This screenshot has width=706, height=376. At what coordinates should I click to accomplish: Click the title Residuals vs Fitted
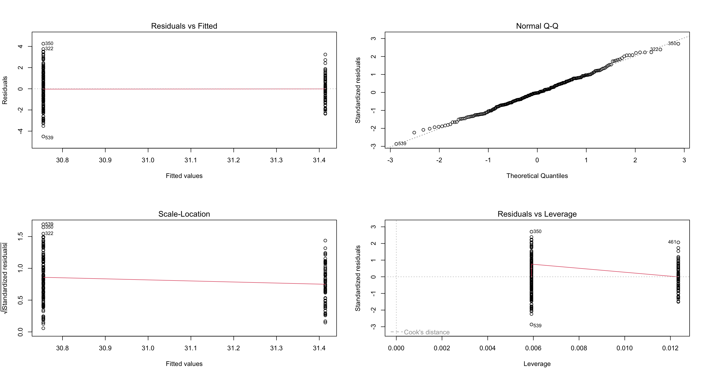pos(184,26)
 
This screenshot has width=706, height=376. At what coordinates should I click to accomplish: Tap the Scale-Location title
pos(184,214)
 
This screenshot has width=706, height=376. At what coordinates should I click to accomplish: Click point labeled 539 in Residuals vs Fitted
pos(43,137)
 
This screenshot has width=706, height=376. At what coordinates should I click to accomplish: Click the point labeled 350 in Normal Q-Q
pos(678,44)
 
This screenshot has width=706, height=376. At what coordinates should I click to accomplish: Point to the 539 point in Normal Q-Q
pos(396,144)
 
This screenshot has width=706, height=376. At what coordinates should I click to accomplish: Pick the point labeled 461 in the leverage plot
pos(678,242)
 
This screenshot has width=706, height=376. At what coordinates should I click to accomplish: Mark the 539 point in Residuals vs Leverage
pos(531,325)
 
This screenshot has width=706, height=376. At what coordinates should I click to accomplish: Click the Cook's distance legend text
pos(427,332)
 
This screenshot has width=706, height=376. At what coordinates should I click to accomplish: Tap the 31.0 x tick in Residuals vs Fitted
pos(148,160)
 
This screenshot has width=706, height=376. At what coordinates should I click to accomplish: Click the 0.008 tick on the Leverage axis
pos(579,348)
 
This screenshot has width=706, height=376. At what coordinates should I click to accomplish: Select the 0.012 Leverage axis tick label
pos(670,348)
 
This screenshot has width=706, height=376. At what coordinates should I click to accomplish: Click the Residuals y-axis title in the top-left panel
pos(5,90)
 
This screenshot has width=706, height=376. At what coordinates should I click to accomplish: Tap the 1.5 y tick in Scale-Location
pos(20,236)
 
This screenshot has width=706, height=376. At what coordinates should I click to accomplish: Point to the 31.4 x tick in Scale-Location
pos(319,348)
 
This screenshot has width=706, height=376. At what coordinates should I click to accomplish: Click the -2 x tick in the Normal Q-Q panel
pos(439,160)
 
